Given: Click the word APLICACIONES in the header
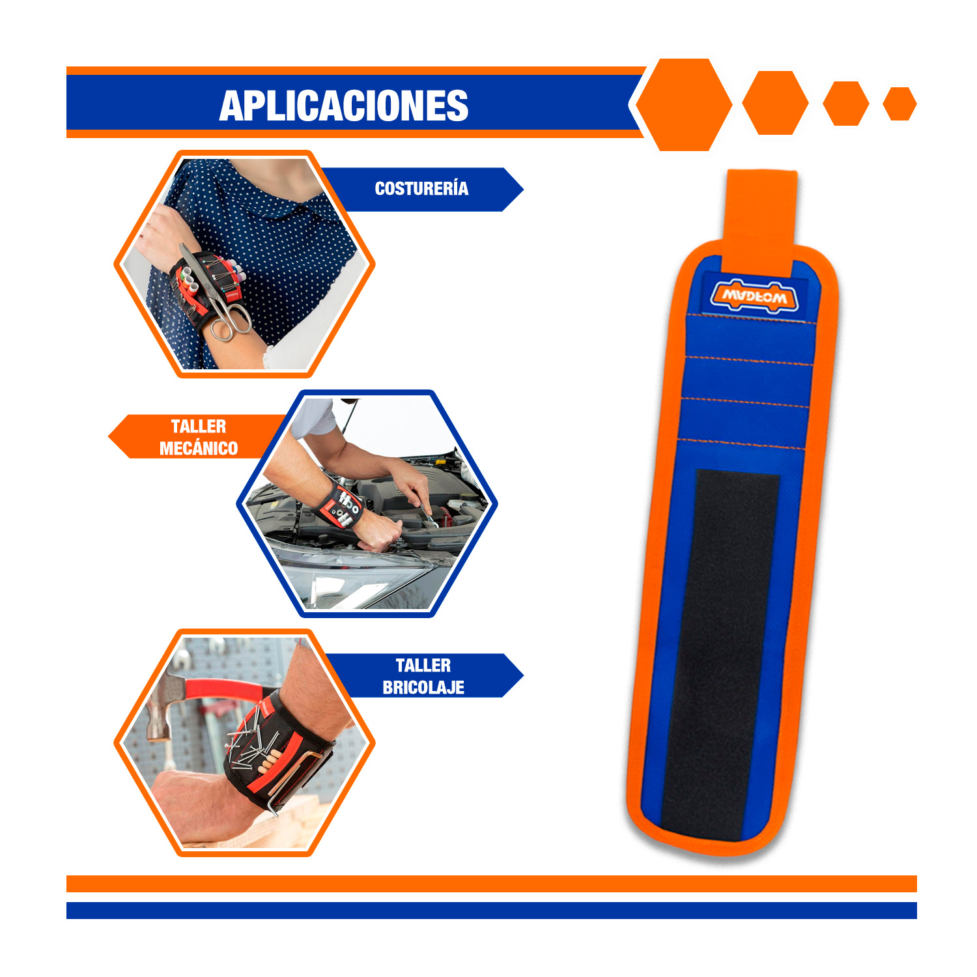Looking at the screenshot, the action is pyautogui.click(x=344, y=106).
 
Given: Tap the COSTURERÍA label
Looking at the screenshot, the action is pyautogui.click(x=421, y=189).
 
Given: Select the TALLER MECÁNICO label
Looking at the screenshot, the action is pyautogui.click(x=199, y=437).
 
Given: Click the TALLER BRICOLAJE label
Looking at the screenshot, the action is pyautogui.click(x=423, y=676).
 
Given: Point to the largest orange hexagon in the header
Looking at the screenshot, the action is pyautogui.click(x=684, y=105).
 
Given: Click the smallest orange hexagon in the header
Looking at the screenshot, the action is pyautogui.click(x=899, y=104).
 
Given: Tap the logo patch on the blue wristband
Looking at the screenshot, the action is pyautogui.click(x=754, y=296).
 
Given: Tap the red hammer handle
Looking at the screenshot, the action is pyautogui.click(x=225, y=690).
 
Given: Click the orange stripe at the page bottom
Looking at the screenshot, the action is pyautogui.click(x=492, y=884).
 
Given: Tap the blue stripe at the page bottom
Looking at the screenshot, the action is pyautogui.click(x=492, y=911).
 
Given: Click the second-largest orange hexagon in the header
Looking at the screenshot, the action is pyautogui.click(x=775, y=103).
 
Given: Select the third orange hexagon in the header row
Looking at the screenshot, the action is pyautogui.click(x=846, y=104).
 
